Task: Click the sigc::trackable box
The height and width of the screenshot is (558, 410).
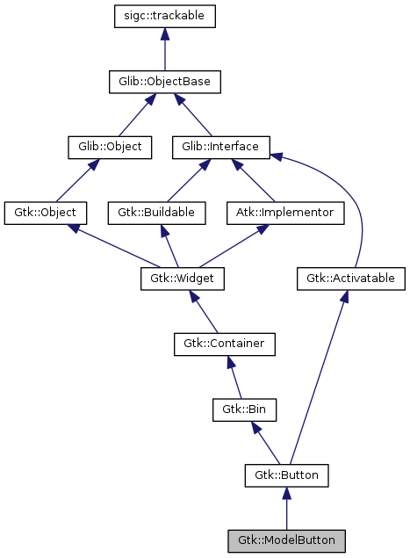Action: click(x=164, y=16)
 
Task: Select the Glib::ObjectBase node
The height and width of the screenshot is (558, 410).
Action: click(x=164, y=82)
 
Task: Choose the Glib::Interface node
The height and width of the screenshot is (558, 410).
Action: click(x=220, y=147)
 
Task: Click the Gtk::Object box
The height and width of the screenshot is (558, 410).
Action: click(x=46, y=213)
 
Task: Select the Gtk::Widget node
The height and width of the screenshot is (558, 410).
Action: click(x=183, y=279)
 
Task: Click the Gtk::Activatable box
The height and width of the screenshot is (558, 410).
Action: click(x=350, y=279)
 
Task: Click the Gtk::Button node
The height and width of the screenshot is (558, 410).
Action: click(x=286, y=475)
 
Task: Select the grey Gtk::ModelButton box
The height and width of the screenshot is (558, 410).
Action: click(x=286, y=540)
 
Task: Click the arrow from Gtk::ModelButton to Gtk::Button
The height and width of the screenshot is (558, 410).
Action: click(x=286, y=510)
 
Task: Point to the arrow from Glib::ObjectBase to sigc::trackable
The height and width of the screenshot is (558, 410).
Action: click(x=164, y=49)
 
